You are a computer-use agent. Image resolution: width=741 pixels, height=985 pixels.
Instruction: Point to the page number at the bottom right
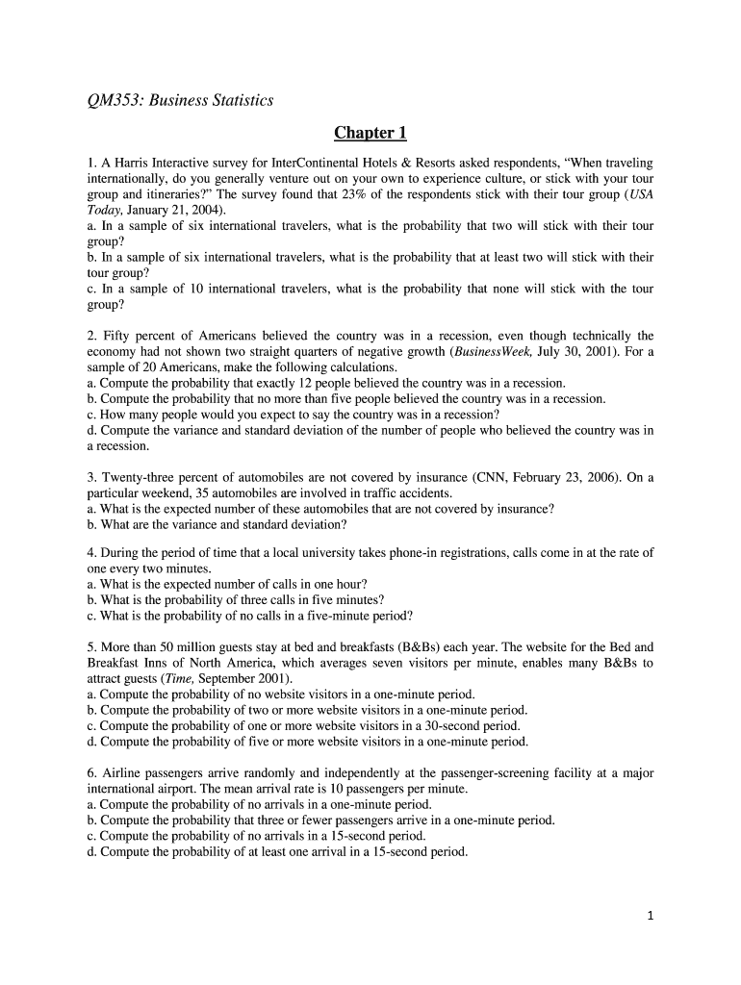coord(650,917)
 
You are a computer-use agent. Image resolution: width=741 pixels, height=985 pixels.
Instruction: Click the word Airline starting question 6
coord(122,773)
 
